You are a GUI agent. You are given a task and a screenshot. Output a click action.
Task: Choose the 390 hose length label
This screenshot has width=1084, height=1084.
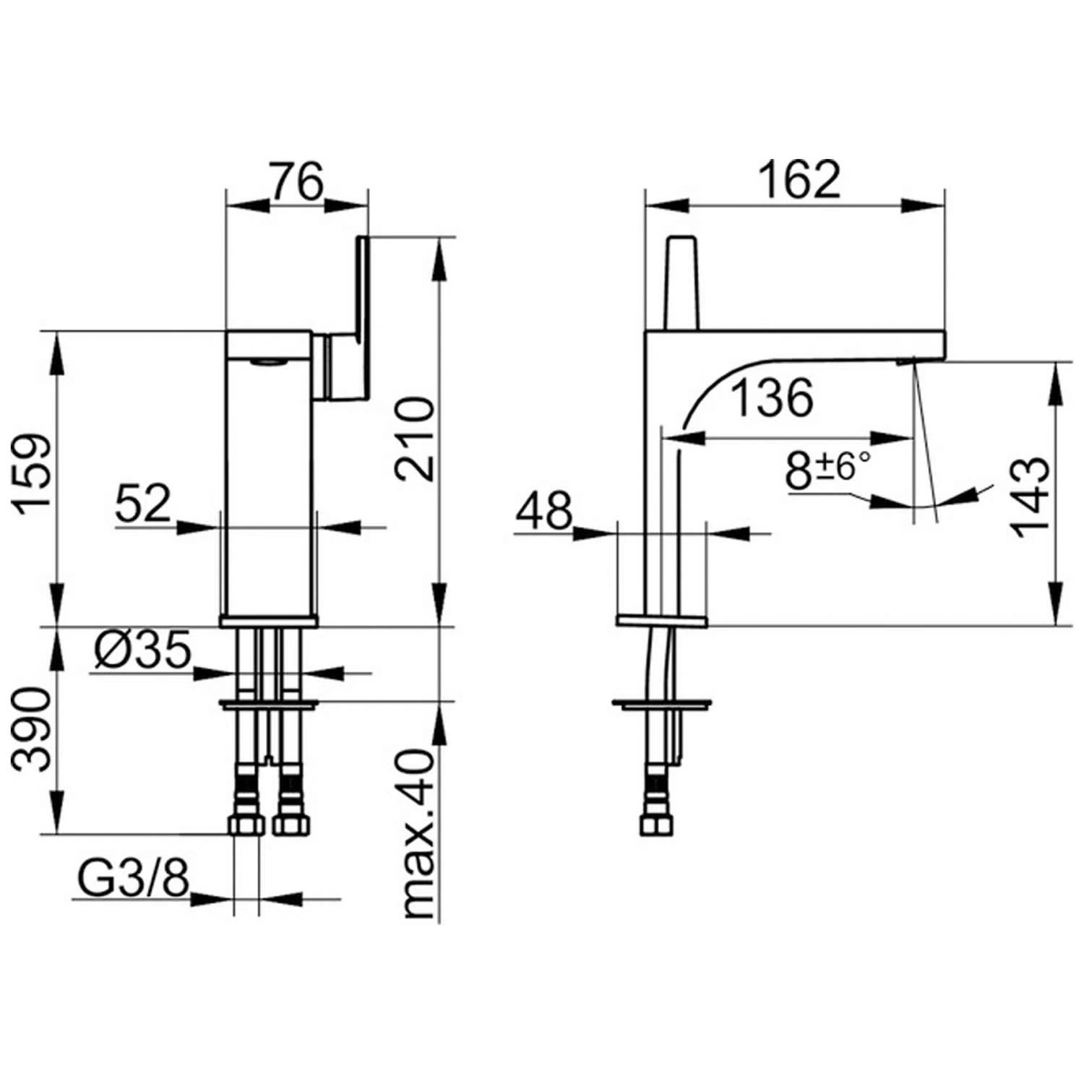pos(34,729)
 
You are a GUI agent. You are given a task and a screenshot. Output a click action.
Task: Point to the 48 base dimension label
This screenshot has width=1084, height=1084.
pos(543,510)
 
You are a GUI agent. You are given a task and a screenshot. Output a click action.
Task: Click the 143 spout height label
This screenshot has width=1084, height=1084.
pos(1030,496)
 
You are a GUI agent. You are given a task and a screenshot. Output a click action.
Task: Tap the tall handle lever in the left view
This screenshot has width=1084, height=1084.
pos(362,318)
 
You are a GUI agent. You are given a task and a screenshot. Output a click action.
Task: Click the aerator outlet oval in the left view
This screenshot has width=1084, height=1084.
pos(270,362)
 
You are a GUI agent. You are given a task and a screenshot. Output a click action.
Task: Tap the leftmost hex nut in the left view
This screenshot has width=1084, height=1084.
pos(246,825)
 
